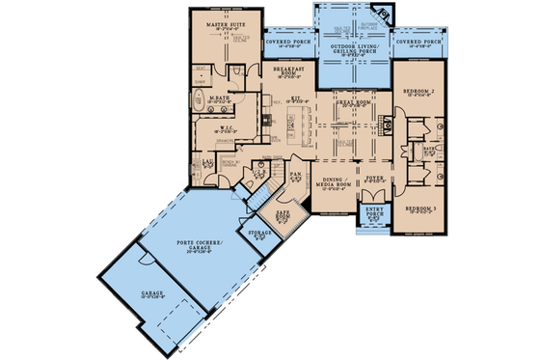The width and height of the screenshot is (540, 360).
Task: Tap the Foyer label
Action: tap(373, 180)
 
